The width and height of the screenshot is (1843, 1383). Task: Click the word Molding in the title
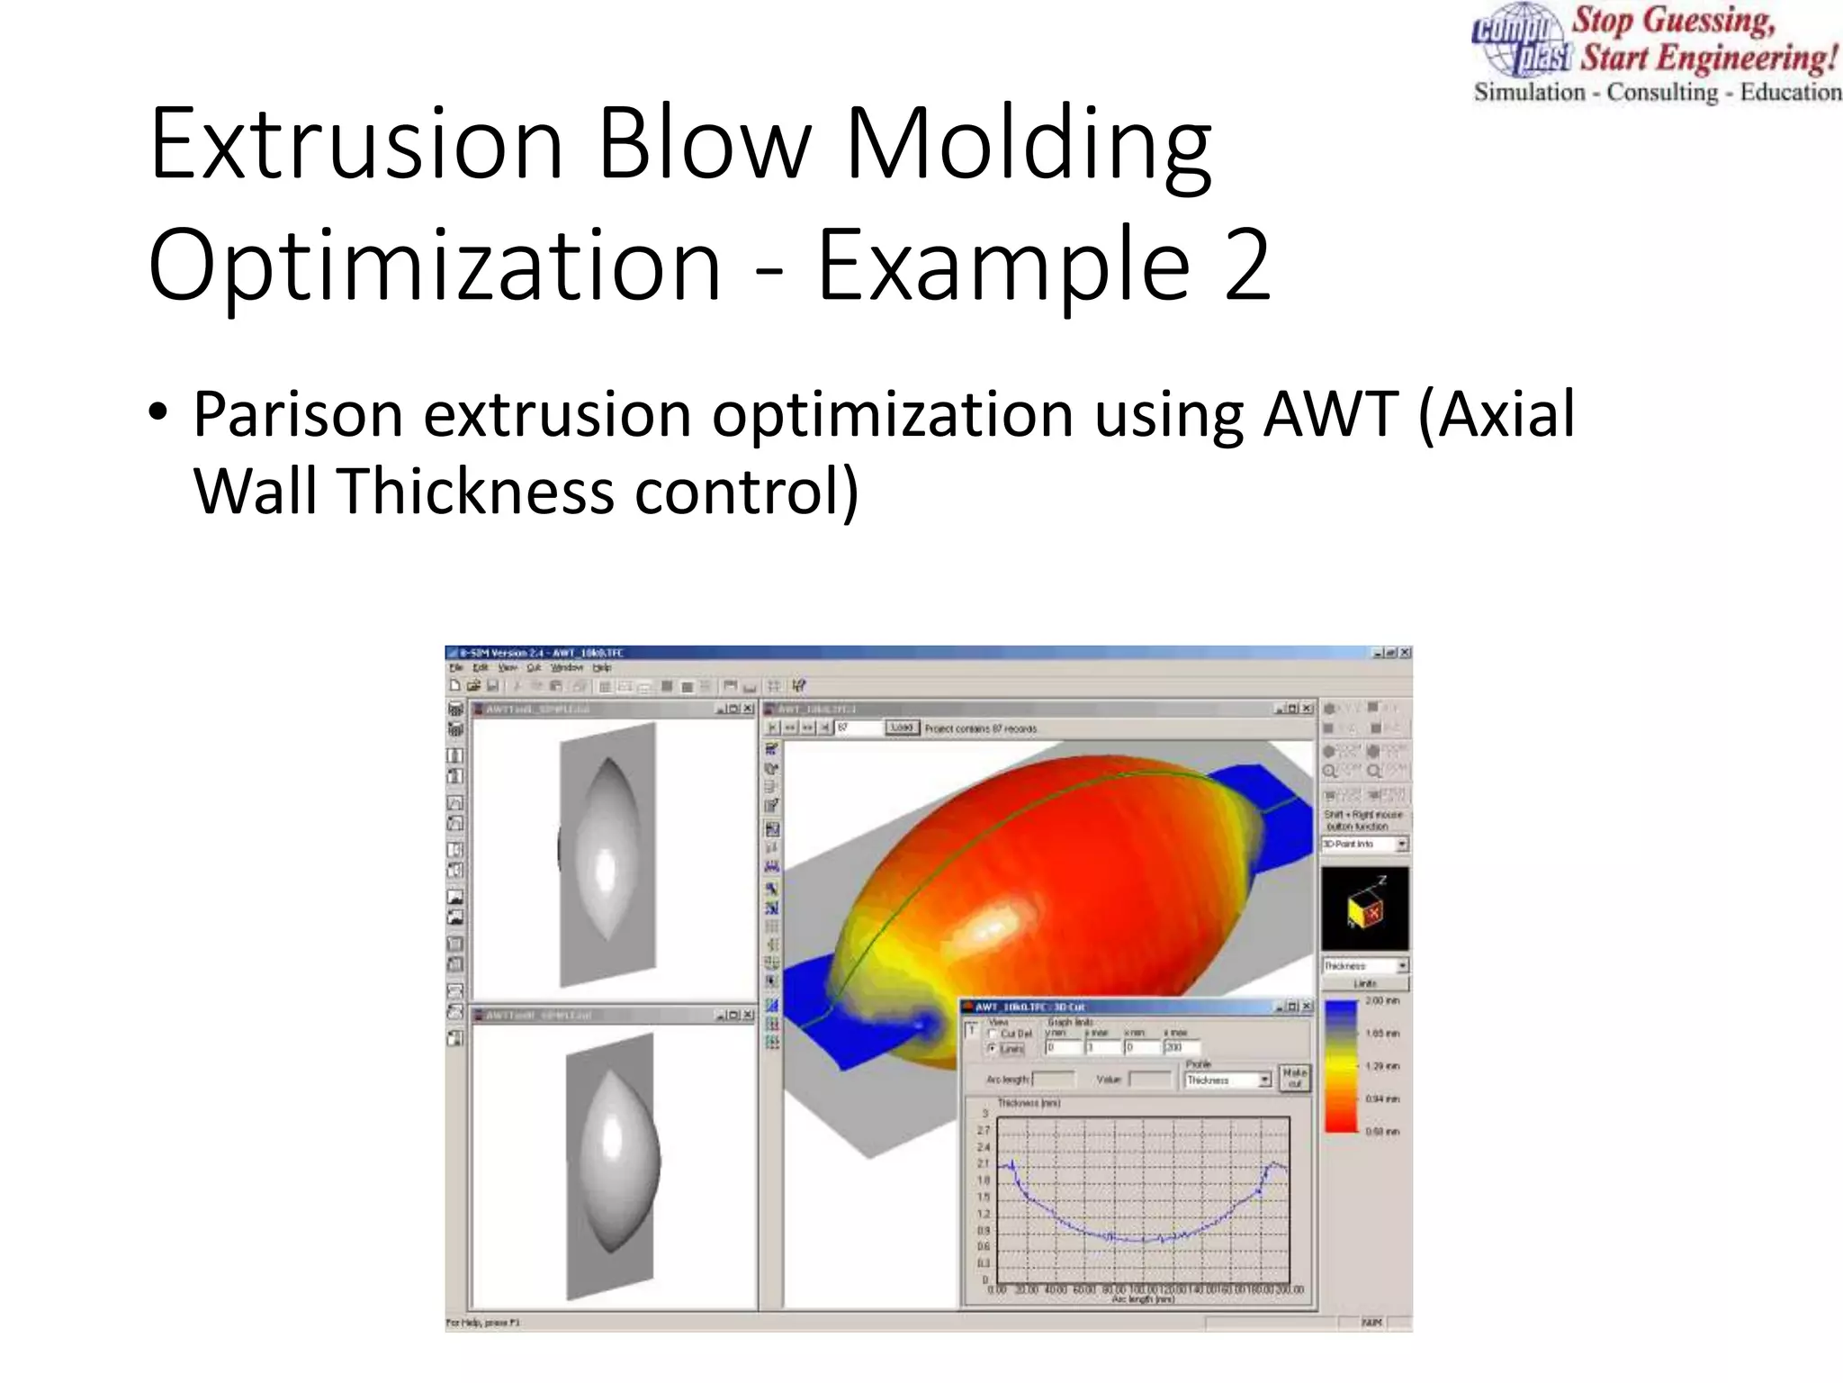coord(1029,144)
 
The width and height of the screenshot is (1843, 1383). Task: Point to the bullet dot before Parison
coord(158,412)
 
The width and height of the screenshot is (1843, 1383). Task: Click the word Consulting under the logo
coord(1662,93)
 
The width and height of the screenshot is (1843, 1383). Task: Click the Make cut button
coord(1294,1077)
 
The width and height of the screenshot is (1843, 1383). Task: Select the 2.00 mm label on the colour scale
coord(1381,1000)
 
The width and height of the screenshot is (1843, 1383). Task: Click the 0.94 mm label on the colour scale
coord(1381,1098)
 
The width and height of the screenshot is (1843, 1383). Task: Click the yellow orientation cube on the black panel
coord(1362,911)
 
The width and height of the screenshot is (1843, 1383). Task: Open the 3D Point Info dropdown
coord(1401,844)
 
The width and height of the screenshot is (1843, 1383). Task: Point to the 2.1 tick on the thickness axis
coord(983,1163)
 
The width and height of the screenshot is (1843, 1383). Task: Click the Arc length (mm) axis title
coord(1143,1299)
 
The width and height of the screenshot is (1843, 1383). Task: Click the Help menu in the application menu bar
coord(602,668)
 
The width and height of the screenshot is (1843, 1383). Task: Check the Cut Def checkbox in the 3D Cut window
coord(993,1034)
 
